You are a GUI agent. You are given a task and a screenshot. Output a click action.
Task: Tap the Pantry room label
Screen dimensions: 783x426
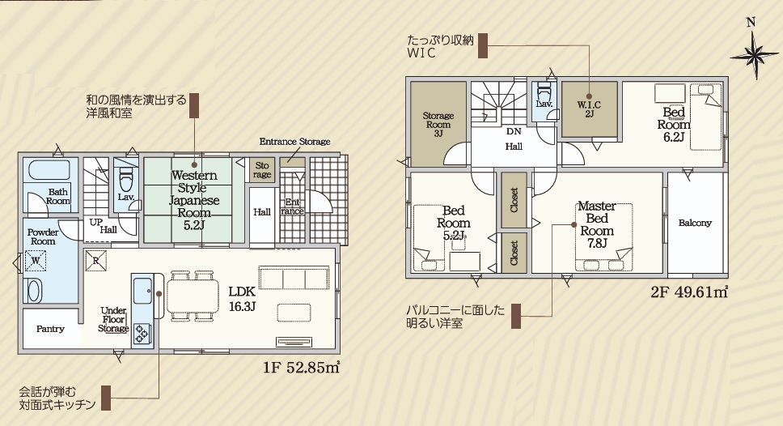click(50, 329)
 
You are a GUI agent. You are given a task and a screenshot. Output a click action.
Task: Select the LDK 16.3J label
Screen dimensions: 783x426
click(242, 299)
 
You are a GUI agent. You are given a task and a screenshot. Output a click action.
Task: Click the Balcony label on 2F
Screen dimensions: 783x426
click(695, 223)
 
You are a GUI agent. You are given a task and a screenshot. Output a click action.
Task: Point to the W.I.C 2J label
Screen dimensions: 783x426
click(589, 109)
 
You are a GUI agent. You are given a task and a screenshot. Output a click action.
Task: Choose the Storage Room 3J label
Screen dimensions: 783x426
click(438, 125)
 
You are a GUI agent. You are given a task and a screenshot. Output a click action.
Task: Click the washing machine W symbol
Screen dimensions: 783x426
click(36, 261)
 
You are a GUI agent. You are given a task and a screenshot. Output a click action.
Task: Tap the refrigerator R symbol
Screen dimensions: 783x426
click(95, 261)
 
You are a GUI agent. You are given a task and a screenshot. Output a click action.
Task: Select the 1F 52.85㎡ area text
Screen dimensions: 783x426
click(302, 368)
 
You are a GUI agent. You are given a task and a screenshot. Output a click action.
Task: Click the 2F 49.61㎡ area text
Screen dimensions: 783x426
click(689, 292)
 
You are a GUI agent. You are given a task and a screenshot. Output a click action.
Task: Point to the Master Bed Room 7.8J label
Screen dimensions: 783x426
click(597, 224)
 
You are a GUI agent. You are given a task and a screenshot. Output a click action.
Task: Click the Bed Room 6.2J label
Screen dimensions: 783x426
click(674, 125)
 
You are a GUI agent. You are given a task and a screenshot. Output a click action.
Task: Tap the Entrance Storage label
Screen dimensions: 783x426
click(294, 142)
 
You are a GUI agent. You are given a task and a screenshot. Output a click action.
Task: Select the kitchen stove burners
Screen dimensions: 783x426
click(143, 333)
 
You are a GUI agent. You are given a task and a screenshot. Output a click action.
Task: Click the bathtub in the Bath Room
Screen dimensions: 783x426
click(49, 170)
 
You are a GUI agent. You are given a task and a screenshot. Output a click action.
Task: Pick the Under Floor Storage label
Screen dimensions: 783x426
click(113, 319)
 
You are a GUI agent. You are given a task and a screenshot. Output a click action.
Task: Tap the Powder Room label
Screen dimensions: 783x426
click(43, 236)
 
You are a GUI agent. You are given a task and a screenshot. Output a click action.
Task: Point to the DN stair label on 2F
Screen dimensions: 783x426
click(514, 131)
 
